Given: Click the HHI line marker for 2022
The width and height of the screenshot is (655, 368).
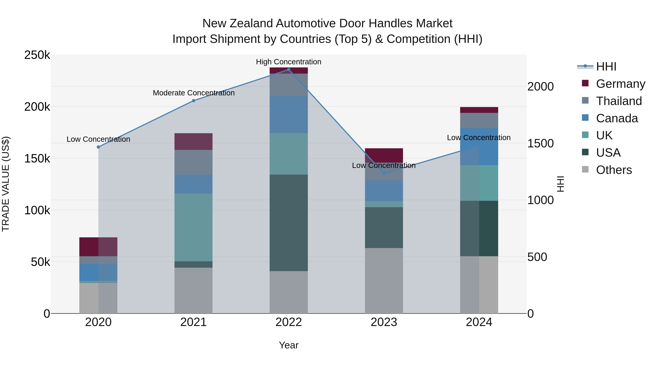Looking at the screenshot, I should coord(289,70).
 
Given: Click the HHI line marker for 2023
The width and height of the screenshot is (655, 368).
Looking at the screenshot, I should coord(384,174).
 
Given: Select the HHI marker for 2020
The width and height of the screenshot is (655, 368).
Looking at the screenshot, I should coord(98,147).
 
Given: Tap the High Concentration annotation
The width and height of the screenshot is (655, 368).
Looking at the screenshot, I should coord(289,62).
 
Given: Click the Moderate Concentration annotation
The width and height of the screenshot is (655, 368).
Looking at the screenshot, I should coord(194,93).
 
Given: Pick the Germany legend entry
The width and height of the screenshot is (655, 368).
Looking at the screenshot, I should coord(620,84).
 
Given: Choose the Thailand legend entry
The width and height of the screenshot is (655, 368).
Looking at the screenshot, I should coord(619,101).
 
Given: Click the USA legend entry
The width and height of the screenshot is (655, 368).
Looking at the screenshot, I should coord(608,153).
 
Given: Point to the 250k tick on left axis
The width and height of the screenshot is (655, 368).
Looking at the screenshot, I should coord(37,55).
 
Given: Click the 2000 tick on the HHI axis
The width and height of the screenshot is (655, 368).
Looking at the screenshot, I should coord(540,87).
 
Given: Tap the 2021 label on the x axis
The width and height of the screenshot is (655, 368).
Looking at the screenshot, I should coord(194,322).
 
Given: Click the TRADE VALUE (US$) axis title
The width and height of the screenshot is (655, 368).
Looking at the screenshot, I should coord(6,184).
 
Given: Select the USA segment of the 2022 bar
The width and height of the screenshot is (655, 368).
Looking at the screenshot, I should coord(289,223).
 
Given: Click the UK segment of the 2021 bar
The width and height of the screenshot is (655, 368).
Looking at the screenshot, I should coord(194,227).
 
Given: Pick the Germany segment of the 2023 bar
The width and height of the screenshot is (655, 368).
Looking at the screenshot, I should coord(384,155).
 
